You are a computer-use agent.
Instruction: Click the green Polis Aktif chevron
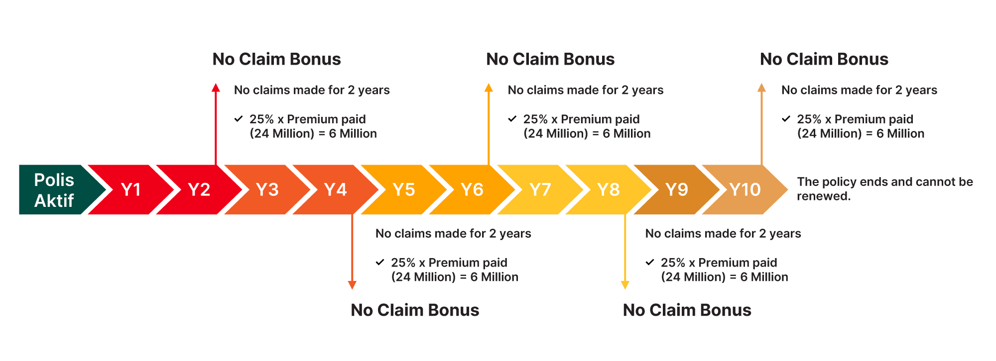coord(57,189)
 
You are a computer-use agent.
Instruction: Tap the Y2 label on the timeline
coord(199,189)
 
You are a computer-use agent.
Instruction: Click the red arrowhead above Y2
coord(216,88)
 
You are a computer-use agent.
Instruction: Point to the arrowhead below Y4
coord(352,285)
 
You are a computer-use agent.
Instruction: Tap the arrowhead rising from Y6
coord(489,88)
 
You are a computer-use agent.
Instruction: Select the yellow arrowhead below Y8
coord(625,285)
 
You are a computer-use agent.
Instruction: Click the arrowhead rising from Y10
coord(761,88)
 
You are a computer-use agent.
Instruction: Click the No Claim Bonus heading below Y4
coord(415,310)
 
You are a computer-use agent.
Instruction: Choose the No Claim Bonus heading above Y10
coord(824,59)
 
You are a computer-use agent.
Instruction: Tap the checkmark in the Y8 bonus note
coord(650,262)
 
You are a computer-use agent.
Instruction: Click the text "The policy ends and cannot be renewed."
coord(885,189)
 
